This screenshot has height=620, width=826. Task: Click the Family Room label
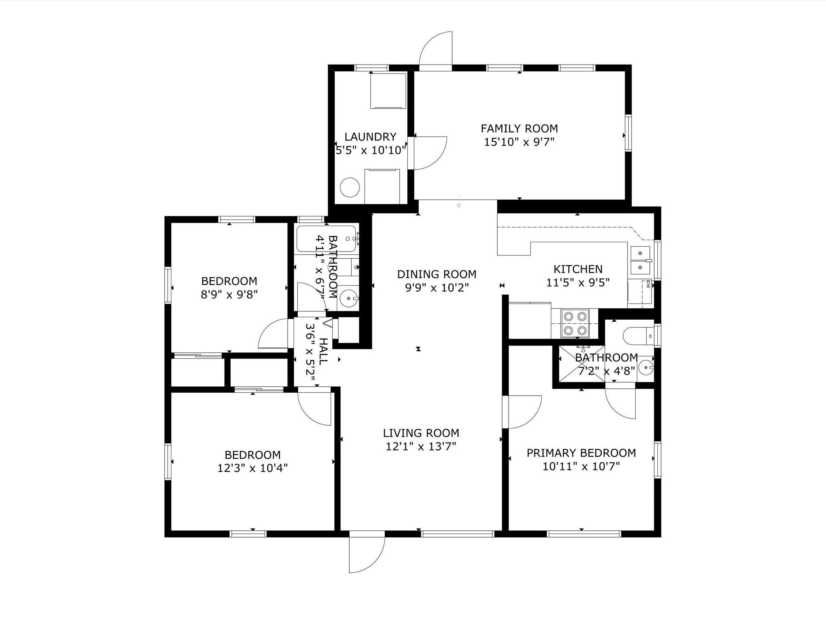pyautogui.click(x=519, y=129)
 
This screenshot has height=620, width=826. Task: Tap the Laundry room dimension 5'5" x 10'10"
pyautogui.click(x=371, y=151)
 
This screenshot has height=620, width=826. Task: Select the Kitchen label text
pyautogui.click(x=578, y=269)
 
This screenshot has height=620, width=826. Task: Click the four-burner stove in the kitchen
pyautogui.click(x=575, y=323)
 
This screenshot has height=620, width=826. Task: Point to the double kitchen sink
pyautogui.click(x=640, y=260)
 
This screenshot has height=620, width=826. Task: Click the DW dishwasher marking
pyautogui.click(x=648, y=284)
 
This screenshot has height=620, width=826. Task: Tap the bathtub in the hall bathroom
pyautogui.click(x=326, y=239)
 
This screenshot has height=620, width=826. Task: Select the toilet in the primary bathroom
pyautogui.click(x=638, y=335)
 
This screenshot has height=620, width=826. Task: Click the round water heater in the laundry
pyautogui.click(x=350, y=187)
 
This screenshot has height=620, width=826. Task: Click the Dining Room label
pyautogui.click(x=437, y=274)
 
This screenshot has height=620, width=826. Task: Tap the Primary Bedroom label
pyautogui.click(x=581, y=453)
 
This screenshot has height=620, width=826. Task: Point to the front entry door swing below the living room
pyautogui.click(x=367, y=555)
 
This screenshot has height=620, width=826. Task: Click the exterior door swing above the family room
pyautogui.click(x=436, y=48)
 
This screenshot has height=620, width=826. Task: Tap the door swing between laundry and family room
pyautogui.click(x=430, y=153)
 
